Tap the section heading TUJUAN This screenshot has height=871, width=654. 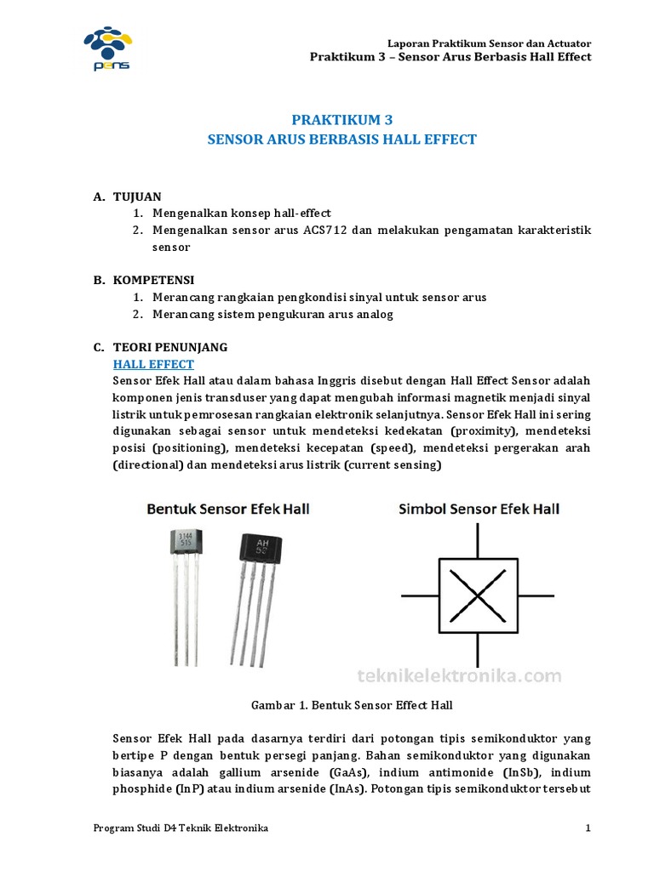coord(137,196)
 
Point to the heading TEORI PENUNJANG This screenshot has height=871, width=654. coord(170,347)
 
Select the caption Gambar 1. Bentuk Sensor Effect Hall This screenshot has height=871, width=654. coord(351,705)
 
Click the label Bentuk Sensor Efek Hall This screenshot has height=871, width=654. coord(229,509)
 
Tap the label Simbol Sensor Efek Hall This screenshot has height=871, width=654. coord(479,509)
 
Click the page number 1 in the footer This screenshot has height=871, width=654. coord(588,828)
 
